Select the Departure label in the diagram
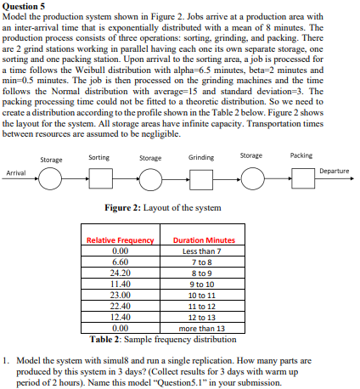click(x=334, y=171)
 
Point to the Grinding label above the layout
click(x=200, y=157)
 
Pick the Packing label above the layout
click(x=301, y=155)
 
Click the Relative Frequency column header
click(x=120, y=241)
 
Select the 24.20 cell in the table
click(x=120, y=272)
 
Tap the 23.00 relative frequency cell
click(x=120, y=293)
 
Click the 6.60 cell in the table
click(x=120, y=262)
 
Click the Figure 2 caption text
click(x=161, y=208)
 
